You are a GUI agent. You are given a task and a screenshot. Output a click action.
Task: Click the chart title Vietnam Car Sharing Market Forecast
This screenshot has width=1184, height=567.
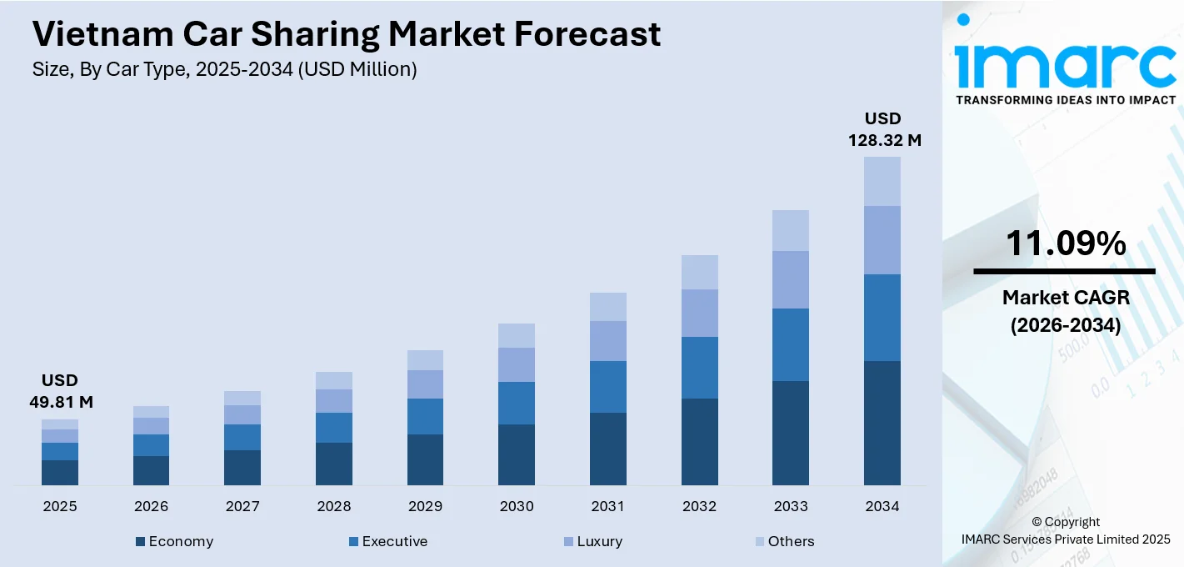[346, 34]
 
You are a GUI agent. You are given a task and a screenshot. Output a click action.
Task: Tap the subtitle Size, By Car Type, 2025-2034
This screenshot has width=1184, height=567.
[224, 70]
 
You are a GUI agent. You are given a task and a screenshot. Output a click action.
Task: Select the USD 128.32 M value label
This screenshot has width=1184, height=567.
[884, 129]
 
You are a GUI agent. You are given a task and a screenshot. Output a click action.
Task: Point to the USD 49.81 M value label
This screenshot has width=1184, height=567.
[61, 391]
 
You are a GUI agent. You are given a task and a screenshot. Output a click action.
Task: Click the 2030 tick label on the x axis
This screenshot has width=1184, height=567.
[517, 506]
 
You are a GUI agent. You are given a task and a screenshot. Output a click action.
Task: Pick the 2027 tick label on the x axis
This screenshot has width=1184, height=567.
[242, 506]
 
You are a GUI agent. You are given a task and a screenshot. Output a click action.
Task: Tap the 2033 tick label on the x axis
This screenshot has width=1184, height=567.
[791, 506]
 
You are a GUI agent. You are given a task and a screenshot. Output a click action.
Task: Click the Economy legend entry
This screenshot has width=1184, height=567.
[174, 541]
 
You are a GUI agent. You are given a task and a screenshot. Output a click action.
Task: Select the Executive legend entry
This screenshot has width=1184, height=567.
[388, 541]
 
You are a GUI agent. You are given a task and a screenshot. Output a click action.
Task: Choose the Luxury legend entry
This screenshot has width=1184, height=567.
[592, 541]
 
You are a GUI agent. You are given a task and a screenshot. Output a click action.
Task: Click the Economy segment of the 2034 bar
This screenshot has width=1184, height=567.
[882, 423]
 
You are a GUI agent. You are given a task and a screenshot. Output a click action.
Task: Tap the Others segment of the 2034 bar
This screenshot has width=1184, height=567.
[882, 181]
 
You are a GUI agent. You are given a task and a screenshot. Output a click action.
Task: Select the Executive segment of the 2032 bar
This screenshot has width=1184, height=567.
[699, 368]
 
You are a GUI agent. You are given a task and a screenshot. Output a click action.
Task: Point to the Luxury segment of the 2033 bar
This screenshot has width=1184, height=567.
[791, 279]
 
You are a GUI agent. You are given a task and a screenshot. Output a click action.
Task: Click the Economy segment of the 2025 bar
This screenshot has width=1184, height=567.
[60, 473]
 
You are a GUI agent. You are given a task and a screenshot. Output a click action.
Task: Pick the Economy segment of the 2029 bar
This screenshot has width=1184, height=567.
[425, 459]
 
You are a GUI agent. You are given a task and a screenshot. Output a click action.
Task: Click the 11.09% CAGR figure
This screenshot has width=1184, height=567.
[1065, 243]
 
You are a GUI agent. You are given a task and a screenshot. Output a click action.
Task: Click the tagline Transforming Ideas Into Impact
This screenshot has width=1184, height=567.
[1065, 100]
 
